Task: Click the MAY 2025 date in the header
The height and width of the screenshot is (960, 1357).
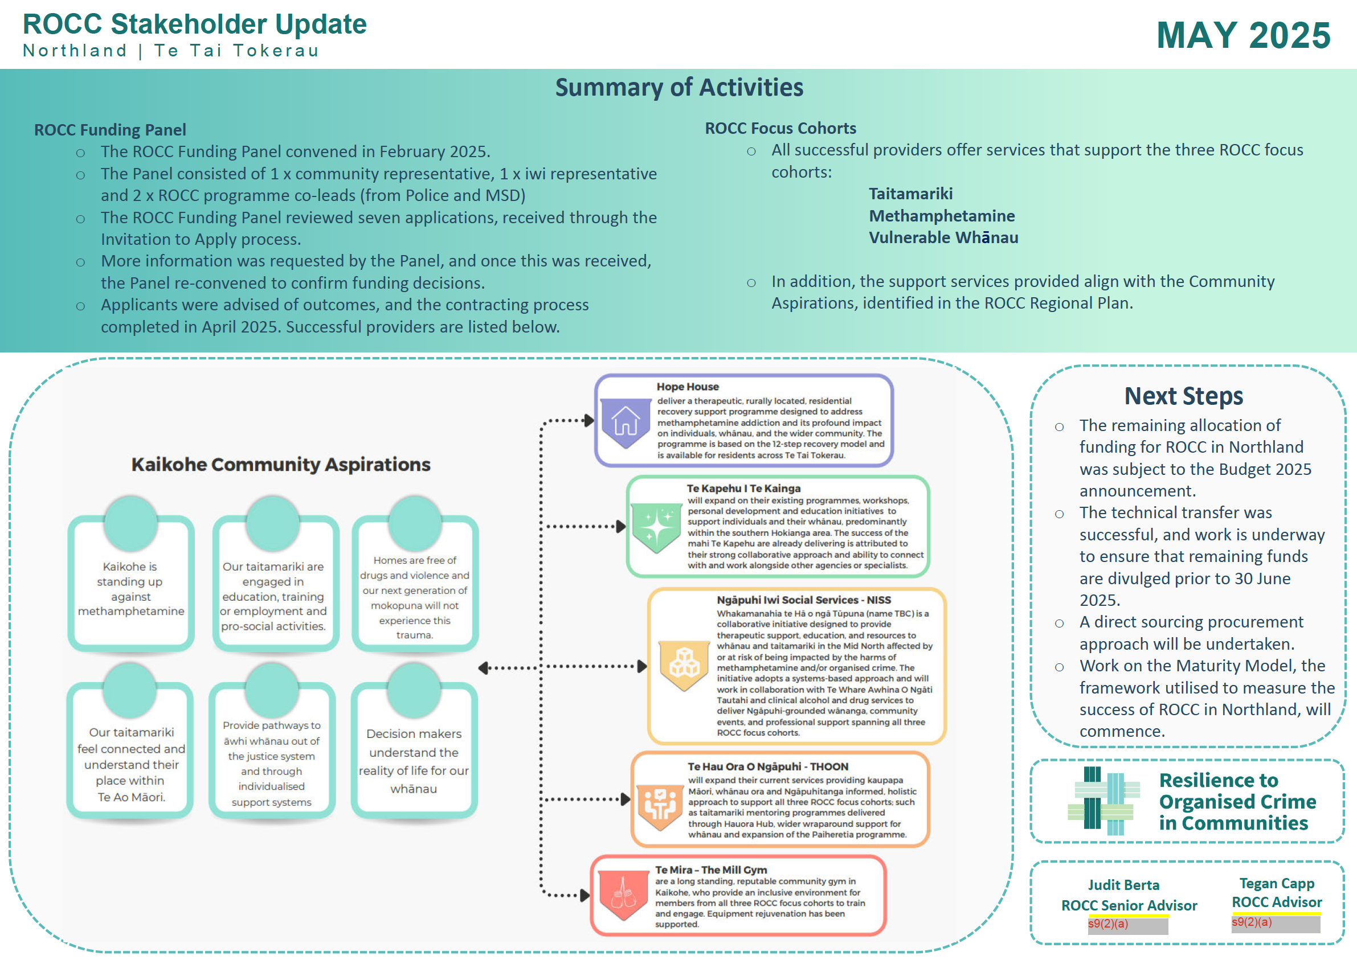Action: coord(1243,35)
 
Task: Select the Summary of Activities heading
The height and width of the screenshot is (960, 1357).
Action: coord(679,88)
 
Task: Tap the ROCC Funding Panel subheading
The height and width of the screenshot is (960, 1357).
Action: coord(110,129)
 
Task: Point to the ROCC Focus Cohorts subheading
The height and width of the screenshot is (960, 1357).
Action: coord(780,128)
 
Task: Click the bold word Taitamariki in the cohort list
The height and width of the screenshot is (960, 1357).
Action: coord(910,194)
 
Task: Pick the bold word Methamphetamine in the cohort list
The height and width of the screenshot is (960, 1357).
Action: coord(942,216)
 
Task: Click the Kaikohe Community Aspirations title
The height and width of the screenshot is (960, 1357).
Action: coord(281,465)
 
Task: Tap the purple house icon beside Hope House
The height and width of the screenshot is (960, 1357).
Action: coord(626,421)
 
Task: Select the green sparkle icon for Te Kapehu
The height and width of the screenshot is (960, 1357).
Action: coord(656,527)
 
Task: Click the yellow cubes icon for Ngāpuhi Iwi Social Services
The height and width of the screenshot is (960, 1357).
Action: coord(684,666)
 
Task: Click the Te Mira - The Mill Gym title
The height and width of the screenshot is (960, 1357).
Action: coord(711,870)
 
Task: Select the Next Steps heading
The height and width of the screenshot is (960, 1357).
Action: coord(1184,396)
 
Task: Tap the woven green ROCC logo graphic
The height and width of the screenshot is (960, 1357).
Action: coord(1104,801)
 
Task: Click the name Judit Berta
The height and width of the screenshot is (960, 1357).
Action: coord(1123,885)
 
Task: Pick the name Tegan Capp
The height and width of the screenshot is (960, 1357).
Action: coord(1277,884)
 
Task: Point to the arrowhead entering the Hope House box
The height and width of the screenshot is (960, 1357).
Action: coord(589,421)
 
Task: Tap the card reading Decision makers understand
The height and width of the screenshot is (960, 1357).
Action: coord(414,749)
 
